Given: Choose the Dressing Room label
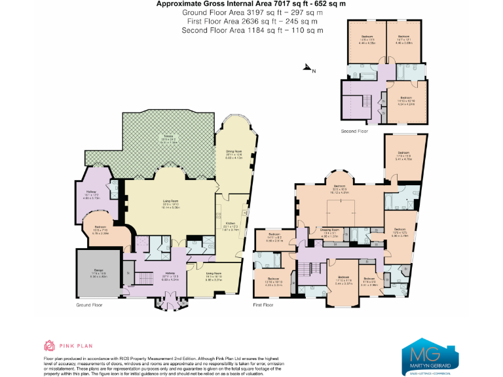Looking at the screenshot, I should [x=329, y=230].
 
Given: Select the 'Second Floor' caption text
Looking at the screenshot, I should [x=354, y=131].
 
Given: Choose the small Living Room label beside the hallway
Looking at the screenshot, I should [x=214, y=275].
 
